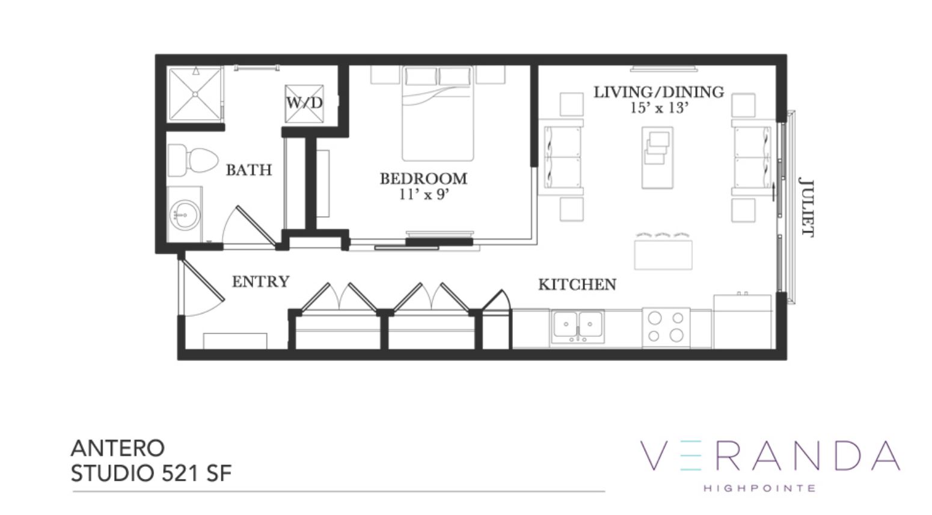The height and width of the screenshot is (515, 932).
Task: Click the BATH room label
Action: (x=249, y=170)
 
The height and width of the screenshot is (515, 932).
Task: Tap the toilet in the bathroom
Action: (x=192, y=161)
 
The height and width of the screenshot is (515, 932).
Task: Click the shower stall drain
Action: (x=195, y=95)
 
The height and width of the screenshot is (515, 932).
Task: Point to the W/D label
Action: (x=305, y=103)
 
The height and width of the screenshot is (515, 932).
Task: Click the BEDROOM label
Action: (x=423, y=179)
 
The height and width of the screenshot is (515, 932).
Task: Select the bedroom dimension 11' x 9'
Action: (x=424, y=194)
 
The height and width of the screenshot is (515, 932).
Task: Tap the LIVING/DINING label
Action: (x=658, y=92)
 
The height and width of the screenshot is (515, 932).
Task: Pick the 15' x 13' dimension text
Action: (x=659, y=108)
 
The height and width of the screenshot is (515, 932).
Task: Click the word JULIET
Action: (x=806, y=209)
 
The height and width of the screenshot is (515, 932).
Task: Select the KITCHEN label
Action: (x=577, y=285)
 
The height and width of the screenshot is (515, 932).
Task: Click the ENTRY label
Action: (x=260, y=282)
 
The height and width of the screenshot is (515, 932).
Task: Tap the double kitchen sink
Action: (x=578, y=326)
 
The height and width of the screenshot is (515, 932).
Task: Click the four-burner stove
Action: (x=666, y=327)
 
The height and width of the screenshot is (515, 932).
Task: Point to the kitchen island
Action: (x=663, y=254)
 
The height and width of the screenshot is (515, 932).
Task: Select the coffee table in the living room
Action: (x=657, y=158)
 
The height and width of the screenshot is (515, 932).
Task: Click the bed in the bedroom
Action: (x=438, y=113)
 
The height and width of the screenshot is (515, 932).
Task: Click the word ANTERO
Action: (x=118, y=448)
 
